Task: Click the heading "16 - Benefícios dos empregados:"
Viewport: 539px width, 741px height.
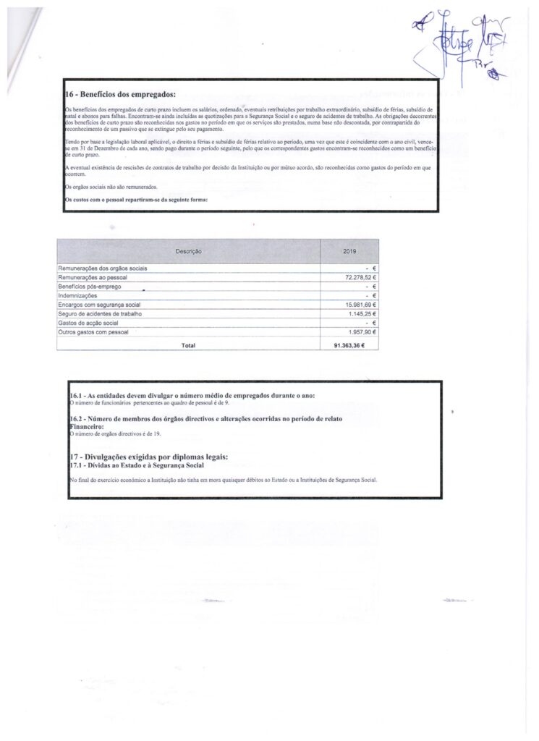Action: coord(120,94)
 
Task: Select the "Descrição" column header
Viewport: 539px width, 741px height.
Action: coord(188,251)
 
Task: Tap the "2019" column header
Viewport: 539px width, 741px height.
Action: coord(349,251)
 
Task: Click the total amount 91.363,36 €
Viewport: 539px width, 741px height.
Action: coord(360,345)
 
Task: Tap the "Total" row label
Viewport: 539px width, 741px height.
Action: coord(188,345)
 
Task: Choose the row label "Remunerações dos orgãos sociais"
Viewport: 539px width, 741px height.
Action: coord(103,268)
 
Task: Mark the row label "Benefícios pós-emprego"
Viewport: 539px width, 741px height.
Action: coord(90,287)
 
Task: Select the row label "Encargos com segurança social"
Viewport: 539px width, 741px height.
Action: coord(99,305)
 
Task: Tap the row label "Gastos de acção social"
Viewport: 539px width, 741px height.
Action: coord(88,323)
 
